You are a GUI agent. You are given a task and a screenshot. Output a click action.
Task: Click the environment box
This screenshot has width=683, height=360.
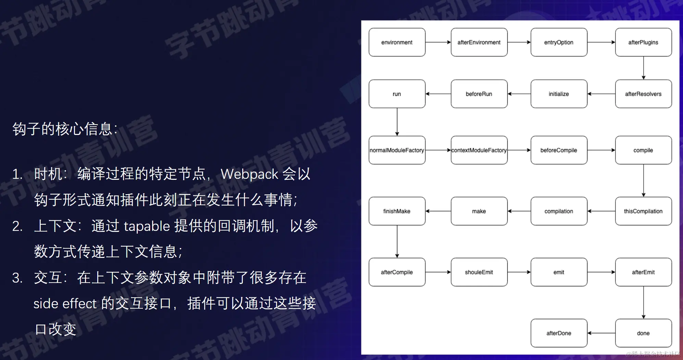tap(397, 42)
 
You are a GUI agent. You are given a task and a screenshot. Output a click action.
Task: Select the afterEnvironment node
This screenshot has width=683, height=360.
tap(479, 42)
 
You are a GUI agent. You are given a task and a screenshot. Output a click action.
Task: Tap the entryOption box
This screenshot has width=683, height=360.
tap(559, 42)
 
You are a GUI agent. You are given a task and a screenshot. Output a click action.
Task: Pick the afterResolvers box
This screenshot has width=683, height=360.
tap(643, 94)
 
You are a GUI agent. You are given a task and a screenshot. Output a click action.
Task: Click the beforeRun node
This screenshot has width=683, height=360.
tap(479, 94)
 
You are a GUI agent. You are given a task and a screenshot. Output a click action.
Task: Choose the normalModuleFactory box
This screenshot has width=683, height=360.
tap(397, 150)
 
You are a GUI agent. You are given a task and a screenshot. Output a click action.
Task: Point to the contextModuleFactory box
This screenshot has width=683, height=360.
tap(479, 150)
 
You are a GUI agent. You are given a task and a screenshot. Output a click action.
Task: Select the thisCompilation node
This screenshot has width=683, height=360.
tap(643, 211)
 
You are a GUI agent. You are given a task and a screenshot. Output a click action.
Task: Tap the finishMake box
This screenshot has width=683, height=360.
tap(397, 211)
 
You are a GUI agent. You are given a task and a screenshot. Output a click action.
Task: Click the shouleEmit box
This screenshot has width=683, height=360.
tap(479, 272)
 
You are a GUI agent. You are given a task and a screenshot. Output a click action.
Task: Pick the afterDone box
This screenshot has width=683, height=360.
tap(559, 333)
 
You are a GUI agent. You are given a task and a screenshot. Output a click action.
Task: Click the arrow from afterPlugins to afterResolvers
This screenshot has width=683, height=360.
tap(644, 68)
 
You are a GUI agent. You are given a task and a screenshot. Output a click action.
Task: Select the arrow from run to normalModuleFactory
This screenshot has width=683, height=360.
tap(397, 122)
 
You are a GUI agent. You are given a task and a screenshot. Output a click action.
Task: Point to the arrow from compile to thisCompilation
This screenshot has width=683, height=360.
tap(644, 181)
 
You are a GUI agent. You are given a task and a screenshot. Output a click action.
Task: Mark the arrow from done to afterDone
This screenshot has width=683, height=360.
tap(601, 333)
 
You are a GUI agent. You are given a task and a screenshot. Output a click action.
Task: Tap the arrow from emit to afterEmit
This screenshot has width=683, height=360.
tap(601, 272)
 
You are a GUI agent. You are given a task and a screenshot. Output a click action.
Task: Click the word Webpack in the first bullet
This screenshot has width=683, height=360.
tap(249, 174)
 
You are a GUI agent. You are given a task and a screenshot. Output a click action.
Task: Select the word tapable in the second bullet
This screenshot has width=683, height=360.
tap(147, 226)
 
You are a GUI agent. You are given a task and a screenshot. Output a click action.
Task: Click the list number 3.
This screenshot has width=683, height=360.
tap(17, 278)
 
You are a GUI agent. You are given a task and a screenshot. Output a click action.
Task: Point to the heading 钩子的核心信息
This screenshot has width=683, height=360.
tap(63, 129)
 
